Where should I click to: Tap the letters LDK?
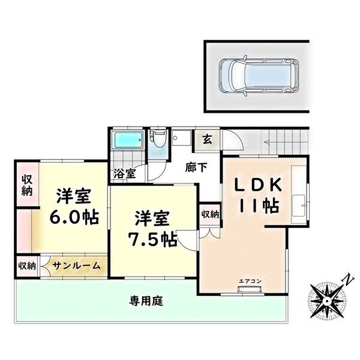pos(259,184)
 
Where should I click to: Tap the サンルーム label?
pos(75,265)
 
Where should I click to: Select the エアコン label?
pos(248,281)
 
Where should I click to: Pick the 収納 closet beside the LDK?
pos(209,214)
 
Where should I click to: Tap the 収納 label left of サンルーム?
pos(26,266)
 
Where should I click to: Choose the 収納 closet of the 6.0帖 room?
pos(27,185)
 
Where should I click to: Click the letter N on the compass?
pos(346,277)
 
